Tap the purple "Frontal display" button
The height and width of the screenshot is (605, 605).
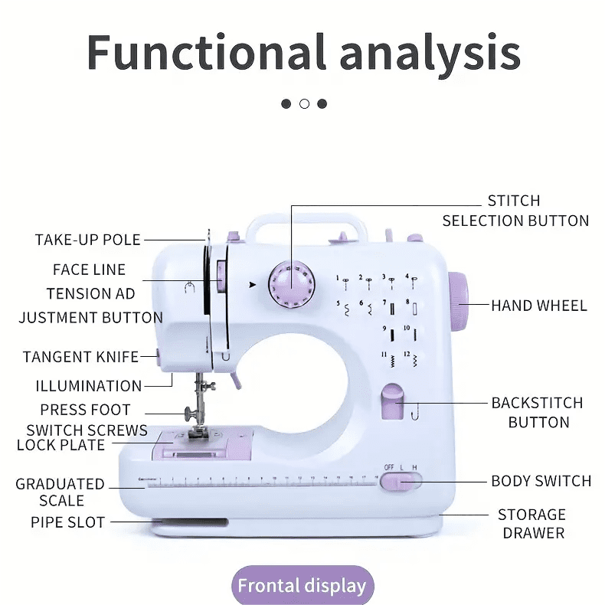(x=302, y=587)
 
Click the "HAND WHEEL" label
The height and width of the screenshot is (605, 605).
(x=539, y=306)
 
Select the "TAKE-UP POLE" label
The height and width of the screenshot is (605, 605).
(x=88, y=240)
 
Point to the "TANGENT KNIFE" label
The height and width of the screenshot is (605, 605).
(x=80, y=357)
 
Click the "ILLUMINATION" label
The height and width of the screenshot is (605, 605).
(x=89, y=386)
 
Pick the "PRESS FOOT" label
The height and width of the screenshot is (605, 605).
(x=86, y=410)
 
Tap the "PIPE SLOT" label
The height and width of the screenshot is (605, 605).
(x=68, y=522)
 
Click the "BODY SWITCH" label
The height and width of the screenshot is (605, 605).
(x=541, y=481)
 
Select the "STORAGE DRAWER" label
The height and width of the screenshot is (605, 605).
(x=532, y=523)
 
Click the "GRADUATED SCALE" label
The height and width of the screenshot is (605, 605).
(x=60, y=492)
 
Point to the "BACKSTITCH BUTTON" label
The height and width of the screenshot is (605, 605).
(x=538, y=412)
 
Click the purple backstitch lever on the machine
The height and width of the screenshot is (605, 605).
(x=391, y=404)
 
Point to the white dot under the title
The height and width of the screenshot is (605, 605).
(x=304, y=103)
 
